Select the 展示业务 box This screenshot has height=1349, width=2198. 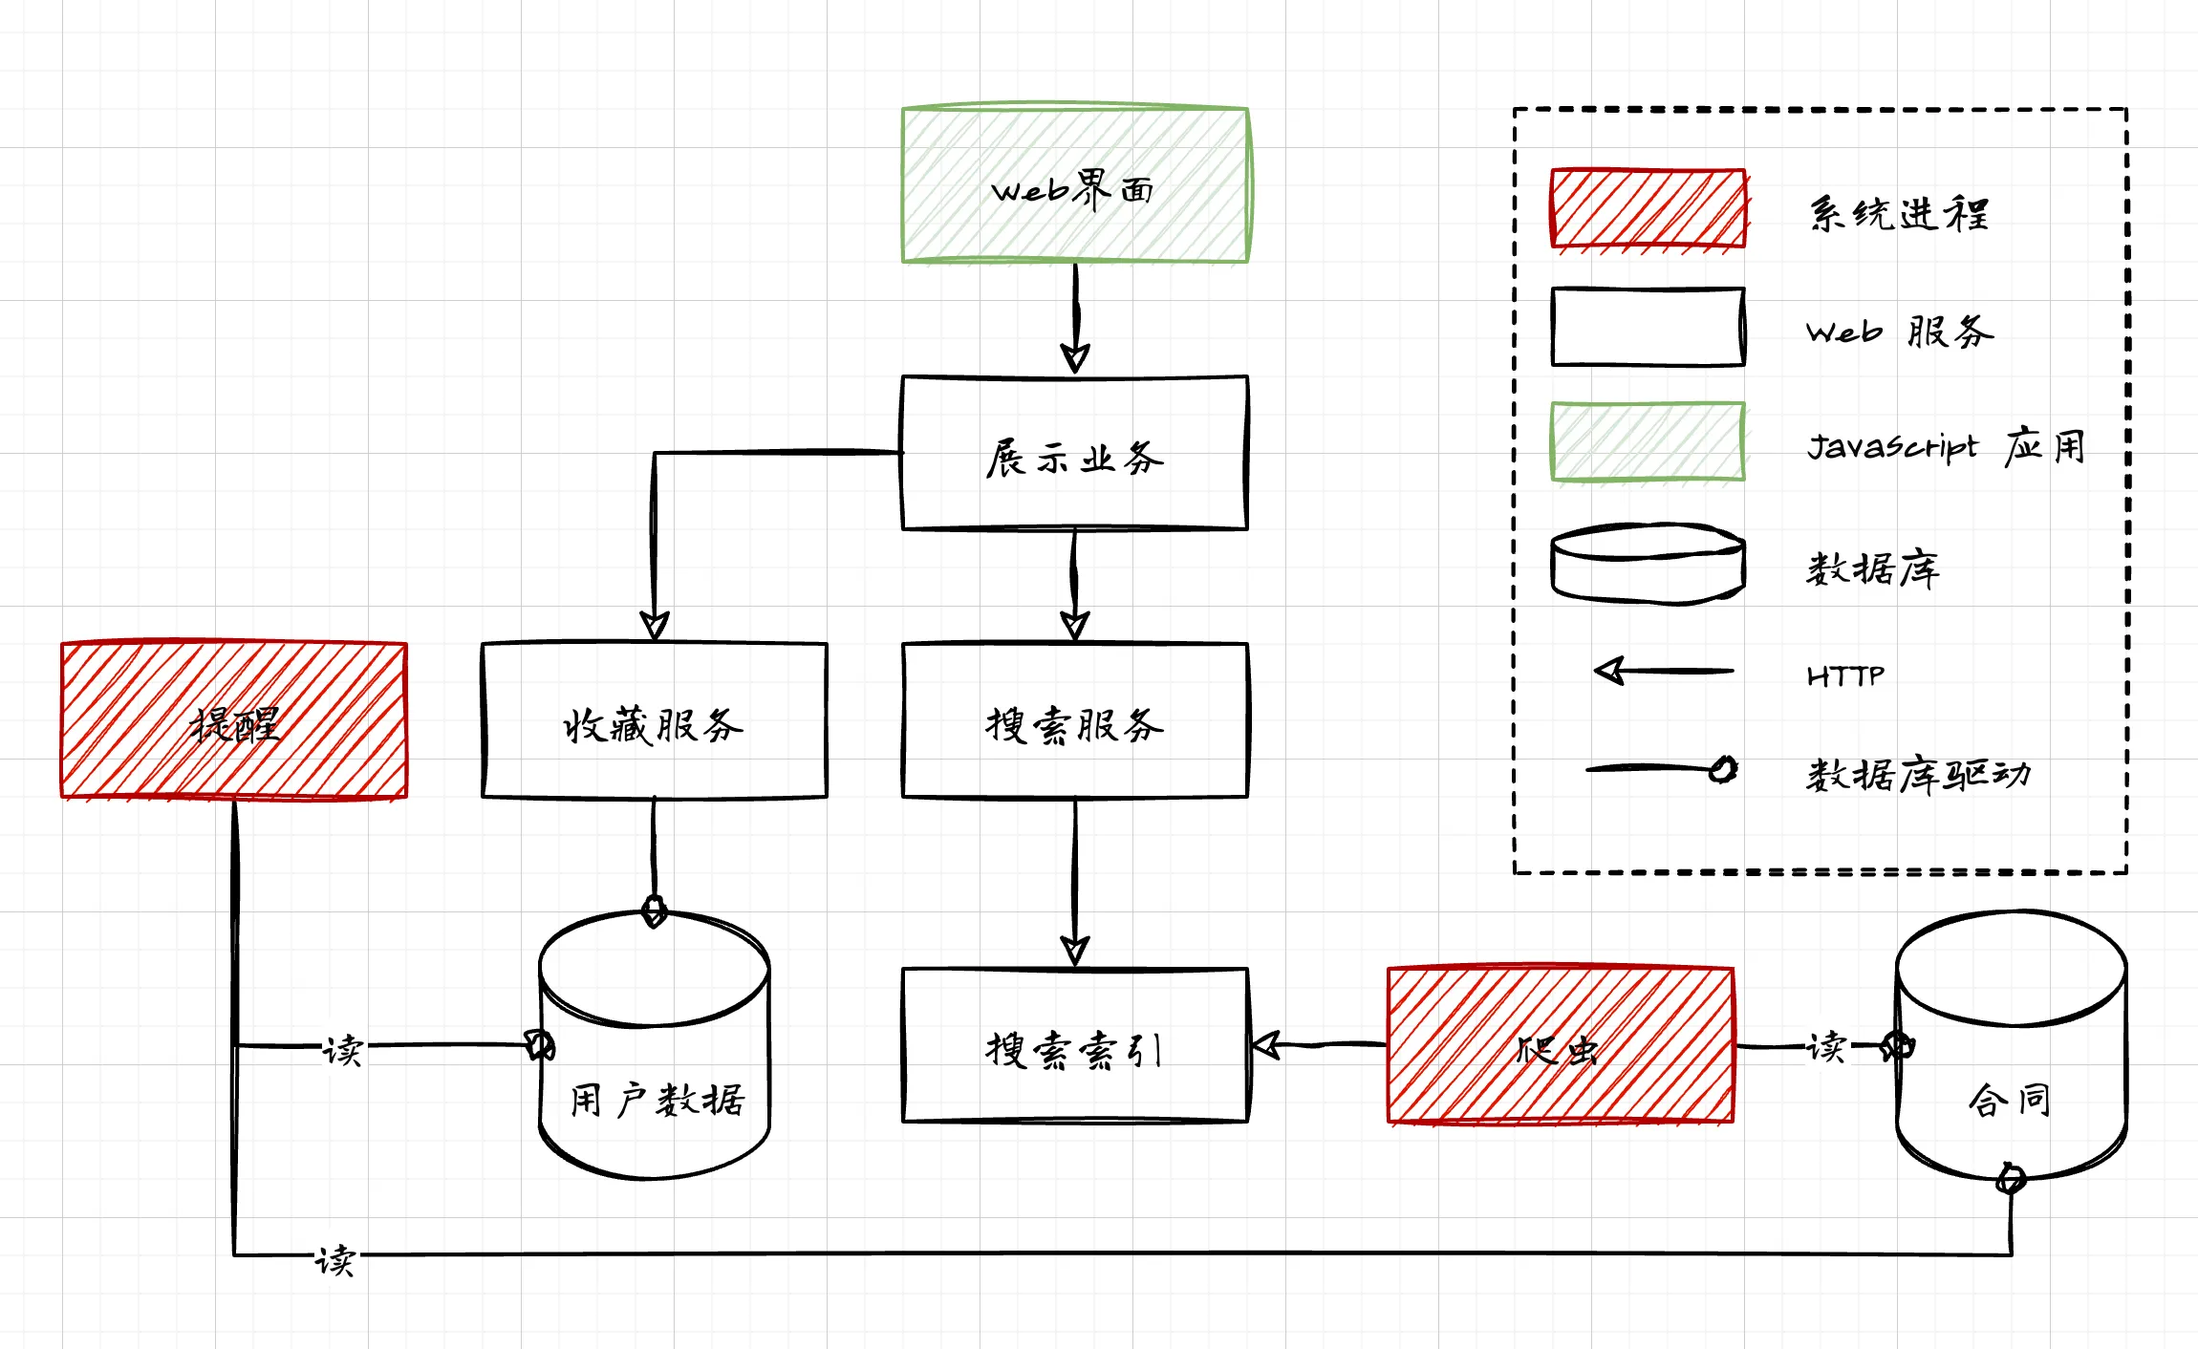coord(1075,453)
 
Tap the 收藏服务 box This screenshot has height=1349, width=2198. coord(655,720)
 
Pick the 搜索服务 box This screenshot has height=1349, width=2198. coord(1075,720)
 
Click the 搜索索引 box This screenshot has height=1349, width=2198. coord(1075,1045)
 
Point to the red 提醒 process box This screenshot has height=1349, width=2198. coord(234,720)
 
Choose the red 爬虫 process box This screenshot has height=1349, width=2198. coord(1561,1045)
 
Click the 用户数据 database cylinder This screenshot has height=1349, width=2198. coord(655,1070)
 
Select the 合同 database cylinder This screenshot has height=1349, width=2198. coord(2012,1060)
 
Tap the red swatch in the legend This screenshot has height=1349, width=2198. coord(1648,209)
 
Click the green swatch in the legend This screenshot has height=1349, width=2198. coord(1648,441)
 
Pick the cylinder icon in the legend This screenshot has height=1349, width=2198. coord(1648,564)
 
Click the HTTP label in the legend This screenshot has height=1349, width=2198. coord(1845,676)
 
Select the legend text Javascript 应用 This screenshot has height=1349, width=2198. coord(1946,446)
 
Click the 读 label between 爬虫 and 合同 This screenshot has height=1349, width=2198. coord(1826,1047)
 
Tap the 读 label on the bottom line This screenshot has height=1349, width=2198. coord(335,1260)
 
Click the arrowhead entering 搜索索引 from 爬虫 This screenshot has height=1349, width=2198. coord(1266,1045)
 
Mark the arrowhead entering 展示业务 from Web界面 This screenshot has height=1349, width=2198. coord(1075,359)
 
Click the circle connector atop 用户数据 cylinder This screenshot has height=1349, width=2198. coord(655,910)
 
